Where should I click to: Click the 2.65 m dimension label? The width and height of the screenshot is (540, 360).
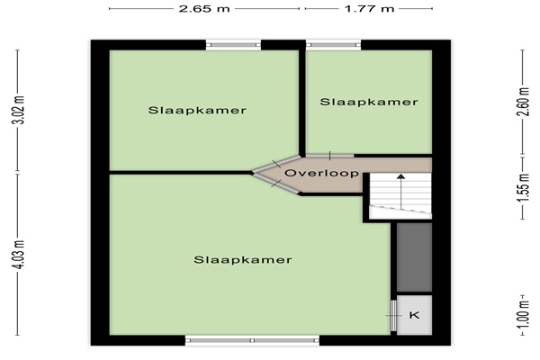[x=204, y=9]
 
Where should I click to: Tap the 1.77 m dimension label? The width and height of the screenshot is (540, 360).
[x=369, y=9]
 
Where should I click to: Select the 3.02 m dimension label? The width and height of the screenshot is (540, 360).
[x=21, y=110]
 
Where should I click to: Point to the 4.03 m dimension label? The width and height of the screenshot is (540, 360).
[x=21, y=255]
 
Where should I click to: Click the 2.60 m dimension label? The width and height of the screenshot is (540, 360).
[x=523, y=103]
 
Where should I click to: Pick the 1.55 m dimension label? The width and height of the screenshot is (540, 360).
[x=523, y=188]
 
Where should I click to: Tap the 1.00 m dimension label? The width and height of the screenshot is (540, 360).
[x=523, y=315]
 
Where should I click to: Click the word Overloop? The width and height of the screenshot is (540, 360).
[x=321, y=173]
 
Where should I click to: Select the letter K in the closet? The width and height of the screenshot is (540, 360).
[x=415, y=315]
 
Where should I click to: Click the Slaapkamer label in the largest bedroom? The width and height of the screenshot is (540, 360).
[x=243, y=259]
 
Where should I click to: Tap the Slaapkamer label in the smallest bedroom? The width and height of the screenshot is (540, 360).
[x=369, y=102]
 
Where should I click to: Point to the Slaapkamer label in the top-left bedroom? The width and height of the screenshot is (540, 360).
[x=197, y=110]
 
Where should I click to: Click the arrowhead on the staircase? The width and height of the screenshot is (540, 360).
[x=400, y=176]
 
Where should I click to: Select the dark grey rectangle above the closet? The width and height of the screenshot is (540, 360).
[x=414, y=257]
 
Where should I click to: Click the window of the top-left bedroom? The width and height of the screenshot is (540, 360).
[x=233, y=45]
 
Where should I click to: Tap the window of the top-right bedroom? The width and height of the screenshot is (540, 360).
[x=333, y=45]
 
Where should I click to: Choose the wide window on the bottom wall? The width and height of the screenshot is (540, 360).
[x=252, y=340]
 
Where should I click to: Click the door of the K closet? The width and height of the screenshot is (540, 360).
[x=393, y=316]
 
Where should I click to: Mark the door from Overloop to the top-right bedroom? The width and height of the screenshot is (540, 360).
[x=330, y=156]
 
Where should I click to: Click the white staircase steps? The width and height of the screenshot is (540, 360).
[x=400, y=195]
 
